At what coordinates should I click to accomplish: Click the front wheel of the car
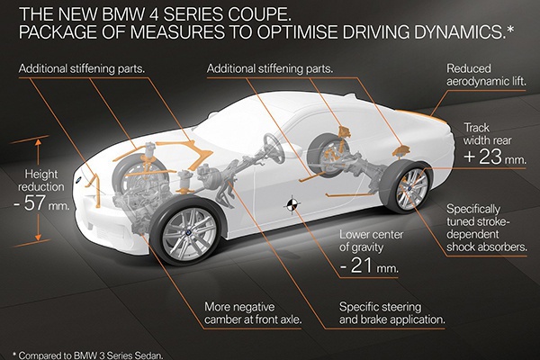click(x=189, y=232)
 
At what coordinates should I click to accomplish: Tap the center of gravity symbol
click(x=292, y=205)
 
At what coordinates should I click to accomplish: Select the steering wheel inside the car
click(x=274, y=148)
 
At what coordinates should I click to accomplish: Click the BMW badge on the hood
click(x=78, y=179)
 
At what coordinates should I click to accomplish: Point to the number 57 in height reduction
click(x=34, y=203)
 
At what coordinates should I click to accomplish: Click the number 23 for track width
click(x=490, y=157)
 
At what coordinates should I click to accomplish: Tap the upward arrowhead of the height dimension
click(x=38, y=141)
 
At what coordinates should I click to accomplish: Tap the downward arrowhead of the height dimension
click(x=38, y=237)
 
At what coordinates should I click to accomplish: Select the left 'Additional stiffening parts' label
click(x=82, y=68)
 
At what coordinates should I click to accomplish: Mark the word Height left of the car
click(x=41, y=175)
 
